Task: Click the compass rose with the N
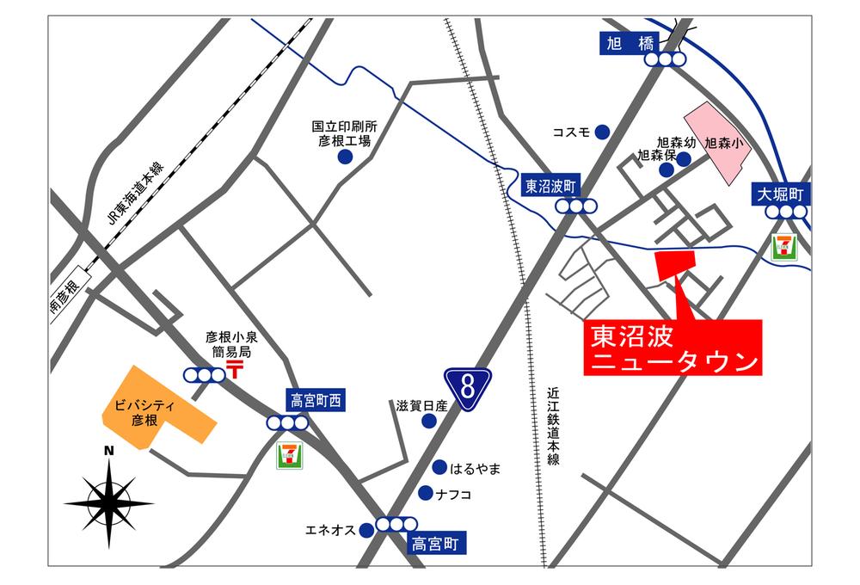[109, 500]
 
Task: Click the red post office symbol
[235, 370]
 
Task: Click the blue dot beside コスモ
[604, 132]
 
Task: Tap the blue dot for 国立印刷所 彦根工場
[345, 157]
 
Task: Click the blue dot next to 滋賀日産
[428, 421]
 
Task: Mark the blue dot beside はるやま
[439, 468]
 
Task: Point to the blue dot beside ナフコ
[425, 493]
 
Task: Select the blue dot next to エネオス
[366, 530]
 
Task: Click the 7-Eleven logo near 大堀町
[783, 247]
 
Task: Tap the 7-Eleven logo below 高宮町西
[289, 456]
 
